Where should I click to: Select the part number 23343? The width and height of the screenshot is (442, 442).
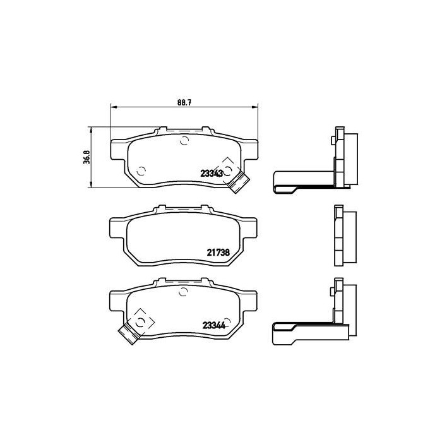coord(212,173)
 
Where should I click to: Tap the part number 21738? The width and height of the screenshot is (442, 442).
coord(217,251)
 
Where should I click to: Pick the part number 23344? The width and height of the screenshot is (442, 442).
coord(214,326)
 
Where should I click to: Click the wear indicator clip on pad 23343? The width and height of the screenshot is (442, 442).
coord(237,182)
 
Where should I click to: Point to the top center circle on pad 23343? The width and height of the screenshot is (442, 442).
coord(184,140)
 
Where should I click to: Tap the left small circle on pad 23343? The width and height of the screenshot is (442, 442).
coord(141,169)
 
